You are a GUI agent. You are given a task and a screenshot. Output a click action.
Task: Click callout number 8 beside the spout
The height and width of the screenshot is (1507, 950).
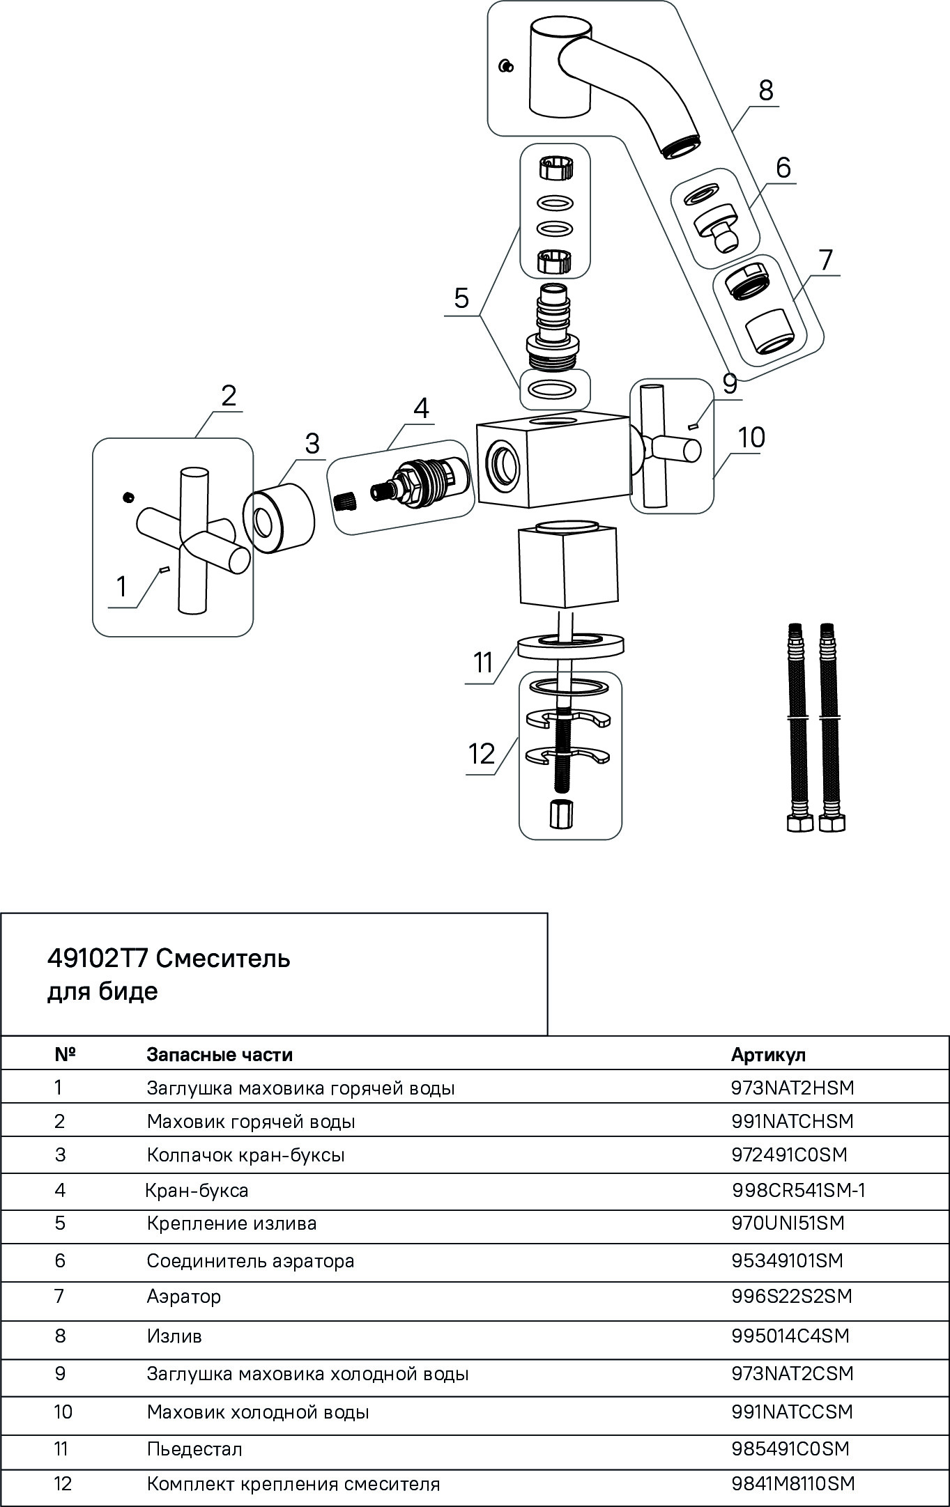(x=765, y=91)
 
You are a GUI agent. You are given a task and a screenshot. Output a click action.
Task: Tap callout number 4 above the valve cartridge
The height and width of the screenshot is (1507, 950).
(x=421, y=408)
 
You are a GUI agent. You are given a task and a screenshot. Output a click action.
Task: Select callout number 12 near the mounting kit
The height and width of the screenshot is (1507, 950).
(x=482, y=754)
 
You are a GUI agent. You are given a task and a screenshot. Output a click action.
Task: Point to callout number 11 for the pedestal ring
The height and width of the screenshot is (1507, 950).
(x=483, y=663)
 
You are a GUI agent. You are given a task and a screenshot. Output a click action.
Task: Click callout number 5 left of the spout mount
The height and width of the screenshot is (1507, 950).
(x=461, y=299)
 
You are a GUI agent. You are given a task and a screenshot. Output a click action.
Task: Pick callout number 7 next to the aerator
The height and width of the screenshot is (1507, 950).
(x=825, y=260)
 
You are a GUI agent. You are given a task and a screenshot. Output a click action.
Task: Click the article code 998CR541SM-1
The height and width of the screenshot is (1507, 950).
(x=799, y=1190)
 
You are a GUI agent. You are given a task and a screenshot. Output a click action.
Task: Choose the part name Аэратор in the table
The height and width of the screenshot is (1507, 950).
(x=184, y=1297)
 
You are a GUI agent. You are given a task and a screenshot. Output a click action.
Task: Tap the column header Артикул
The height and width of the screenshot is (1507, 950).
(x=768, y=1054)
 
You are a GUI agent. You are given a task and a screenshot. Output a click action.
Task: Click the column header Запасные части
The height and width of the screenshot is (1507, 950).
(x=220, y=1054)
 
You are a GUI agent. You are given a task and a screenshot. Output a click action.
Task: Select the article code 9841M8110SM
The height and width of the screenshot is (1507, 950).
(x=793, y=1483)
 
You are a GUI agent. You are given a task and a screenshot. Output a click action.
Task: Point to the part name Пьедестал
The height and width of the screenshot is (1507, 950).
(x=194, y=1449)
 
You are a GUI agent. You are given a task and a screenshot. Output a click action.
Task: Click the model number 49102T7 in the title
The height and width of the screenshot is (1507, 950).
(x=97, y=959)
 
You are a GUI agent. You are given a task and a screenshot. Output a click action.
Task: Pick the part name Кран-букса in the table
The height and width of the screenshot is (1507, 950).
(x=197, y=1190)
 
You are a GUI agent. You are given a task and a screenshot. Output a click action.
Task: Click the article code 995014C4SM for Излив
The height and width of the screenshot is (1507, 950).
(x=790, y=1336)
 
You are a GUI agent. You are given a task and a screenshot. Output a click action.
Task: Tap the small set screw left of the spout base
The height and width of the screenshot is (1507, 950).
(x=507, y=66)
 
